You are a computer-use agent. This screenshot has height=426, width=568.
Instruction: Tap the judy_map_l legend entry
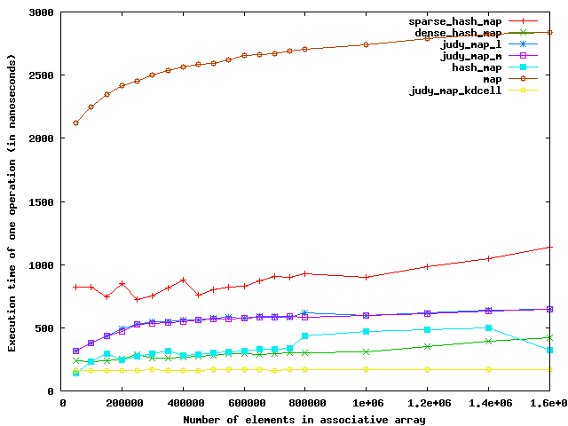(x=471, y=44)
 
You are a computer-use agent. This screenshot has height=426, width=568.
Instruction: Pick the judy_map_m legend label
(x=471, y=56)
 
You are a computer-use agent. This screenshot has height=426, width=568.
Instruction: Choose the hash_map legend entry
(x=477, y=67)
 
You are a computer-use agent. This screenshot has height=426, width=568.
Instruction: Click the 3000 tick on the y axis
(x=42, y=13)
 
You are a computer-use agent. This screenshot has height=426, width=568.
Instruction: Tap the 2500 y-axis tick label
(x=42, y=75)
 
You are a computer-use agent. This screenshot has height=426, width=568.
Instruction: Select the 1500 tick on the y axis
(x=42, y=201)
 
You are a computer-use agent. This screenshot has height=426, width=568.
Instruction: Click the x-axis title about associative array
(x=304, y=419)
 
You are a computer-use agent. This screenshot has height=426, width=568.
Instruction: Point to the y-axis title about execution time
(x=12, y=201)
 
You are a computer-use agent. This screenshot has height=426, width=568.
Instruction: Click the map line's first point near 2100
(x=75, y=122)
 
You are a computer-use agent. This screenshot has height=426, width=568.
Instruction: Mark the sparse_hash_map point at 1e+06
(x=366, y=277)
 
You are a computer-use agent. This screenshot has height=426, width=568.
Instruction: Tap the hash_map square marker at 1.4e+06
(x=487, y=327)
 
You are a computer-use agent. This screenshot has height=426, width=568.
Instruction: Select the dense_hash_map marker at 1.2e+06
(x=427, y=346)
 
